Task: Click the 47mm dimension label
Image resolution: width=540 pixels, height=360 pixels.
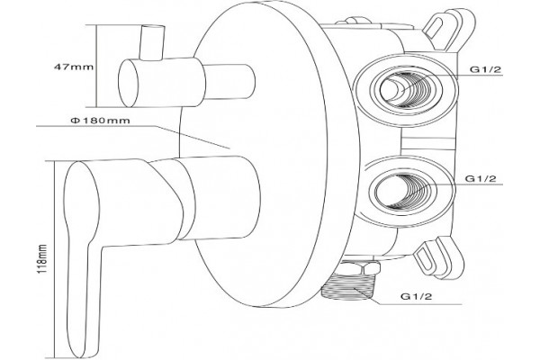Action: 74,67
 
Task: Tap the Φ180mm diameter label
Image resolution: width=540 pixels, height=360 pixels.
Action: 100,121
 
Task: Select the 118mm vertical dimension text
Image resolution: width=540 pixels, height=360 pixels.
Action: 42,259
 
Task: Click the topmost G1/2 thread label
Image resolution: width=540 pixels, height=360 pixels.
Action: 486,69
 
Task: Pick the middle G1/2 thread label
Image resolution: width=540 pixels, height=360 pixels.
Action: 481,179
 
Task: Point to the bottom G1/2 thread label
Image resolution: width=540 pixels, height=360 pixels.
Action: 416,296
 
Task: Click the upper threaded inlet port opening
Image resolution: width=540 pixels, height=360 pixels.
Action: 405,90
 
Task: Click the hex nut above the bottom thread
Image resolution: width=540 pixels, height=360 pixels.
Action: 359,267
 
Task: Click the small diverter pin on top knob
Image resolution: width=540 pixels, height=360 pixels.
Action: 151,42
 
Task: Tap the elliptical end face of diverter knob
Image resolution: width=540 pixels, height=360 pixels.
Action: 128,83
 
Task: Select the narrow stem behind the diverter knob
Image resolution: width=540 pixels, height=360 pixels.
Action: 229,82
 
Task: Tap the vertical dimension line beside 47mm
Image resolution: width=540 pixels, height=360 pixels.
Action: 95,66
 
